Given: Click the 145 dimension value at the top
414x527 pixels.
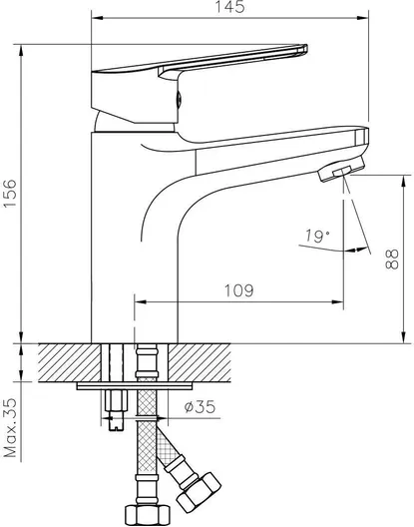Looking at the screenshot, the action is pyautogui.click(x=229, y=7).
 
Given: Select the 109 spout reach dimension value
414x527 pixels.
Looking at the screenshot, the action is pyautogui.click(x=239, y=290).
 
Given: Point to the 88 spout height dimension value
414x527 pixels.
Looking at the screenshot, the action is pyautogui.click(x=391, y=259).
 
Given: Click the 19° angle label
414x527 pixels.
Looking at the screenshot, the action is pyautogui.click(x=317, y=237).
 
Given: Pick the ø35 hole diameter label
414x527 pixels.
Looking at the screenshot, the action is pyautogui.click(x=200, y=407).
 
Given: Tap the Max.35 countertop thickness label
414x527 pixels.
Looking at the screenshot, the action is pyautogui.click(x=10, y=428).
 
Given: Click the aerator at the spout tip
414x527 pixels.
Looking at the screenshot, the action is pyautogui.click(x=342, y=169).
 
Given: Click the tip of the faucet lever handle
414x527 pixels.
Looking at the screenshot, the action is pyautogui.click(x=304, y=49).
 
